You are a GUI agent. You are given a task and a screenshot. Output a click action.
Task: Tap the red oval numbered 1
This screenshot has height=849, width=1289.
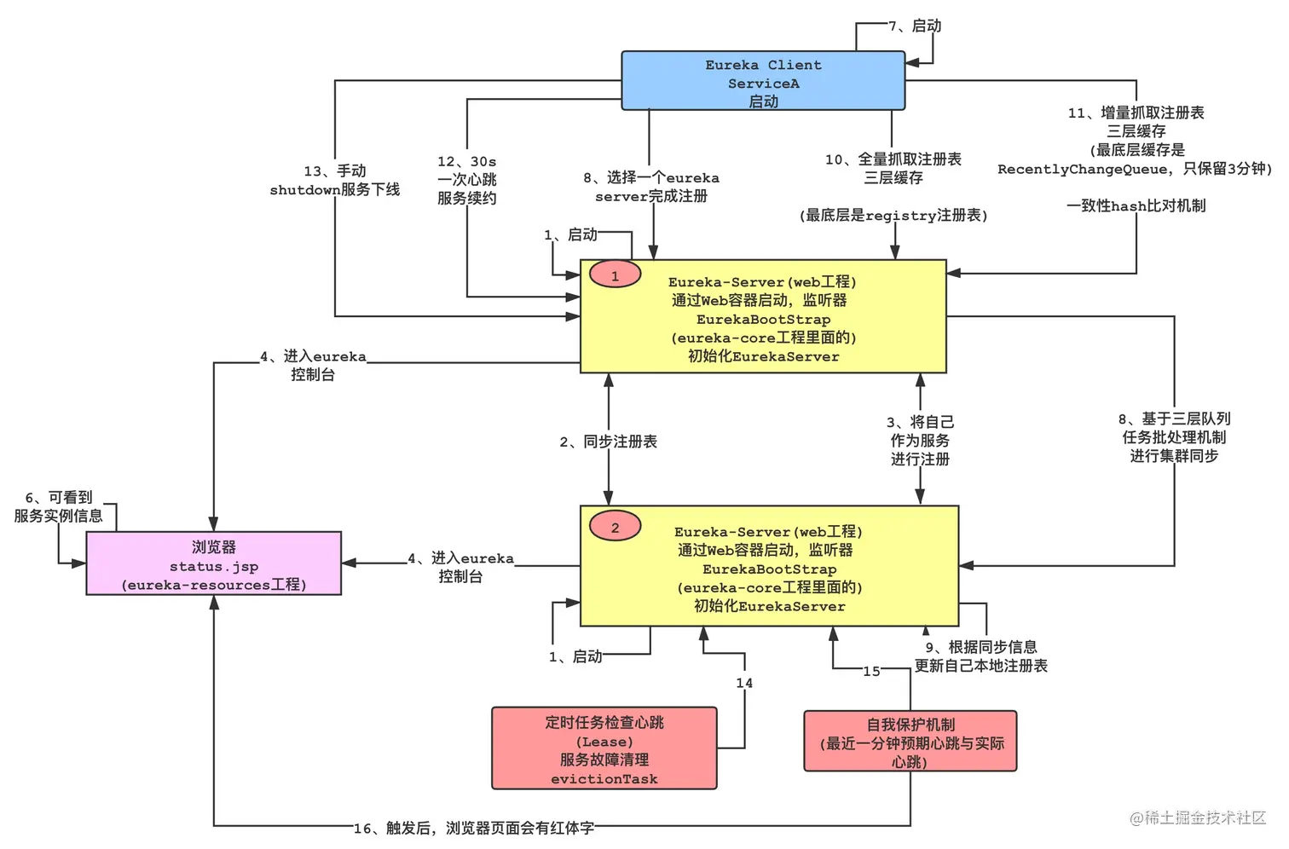coord(615,275)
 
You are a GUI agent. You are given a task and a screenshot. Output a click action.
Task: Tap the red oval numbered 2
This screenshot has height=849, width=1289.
coord(615,527)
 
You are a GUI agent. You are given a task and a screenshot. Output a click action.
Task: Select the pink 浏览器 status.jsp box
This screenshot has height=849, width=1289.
coord(213,564)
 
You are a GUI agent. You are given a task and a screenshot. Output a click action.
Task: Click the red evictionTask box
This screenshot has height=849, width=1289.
coord(604,748)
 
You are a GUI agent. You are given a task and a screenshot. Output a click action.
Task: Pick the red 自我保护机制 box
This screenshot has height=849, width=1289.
coord(910,742)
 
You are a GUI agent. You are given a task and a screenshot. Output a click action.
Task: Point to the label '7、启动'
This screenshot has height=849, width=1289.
coord(915,26)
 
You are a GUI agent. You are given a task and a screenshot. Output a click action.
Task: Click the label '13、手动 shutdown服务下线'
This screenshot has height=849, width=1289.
coord(335,181)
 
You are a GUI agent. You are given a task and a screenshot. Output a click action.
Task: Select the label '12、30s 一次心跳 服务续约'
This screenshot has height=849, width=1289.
coord(466,180)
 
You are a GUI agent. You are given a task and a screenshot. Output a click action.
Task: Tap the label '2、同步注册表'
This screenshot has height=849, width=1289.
coord(609,442)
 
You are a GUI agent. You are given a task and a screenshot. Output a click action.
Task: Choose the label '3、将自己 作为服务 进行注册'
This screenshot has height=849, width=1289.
coord(920,441)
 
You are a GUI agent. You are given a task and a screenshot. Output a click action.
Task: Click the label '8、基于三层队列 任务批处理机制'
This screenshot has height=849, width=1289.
coord(1174,437)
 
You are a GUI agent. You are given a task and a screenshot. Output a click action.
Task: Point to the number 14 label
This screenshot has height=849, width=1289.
coord(744,683)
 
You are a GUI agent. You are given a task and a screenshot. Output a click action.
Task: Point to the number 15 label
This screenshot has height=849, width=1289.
coord(871,672)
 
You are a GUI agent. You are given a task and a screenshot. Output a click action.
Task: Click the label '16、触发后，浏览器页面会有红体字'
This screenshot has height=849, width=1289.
coord(474,828)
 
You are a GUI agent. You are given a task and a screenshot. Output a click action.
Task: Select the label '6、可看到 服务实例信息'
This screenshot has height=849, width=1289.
coord(58,507)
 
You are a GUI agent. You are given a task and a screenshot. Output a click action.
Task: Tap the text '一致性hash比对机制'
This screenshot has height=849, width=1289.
coord(1136,205)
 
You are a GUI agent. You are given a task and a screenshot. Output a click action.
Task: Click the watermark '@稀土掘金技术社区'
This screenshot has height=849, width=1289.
coord(1198,817)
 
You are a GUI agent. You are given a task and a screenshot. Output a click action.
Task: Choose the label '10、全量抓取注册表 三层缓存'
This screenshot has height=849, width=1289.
coord(893,169)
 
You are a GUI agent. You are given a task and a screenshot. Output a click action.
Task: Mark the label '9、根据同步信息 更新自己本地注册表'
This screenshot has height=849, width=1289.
coord(980,656)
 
